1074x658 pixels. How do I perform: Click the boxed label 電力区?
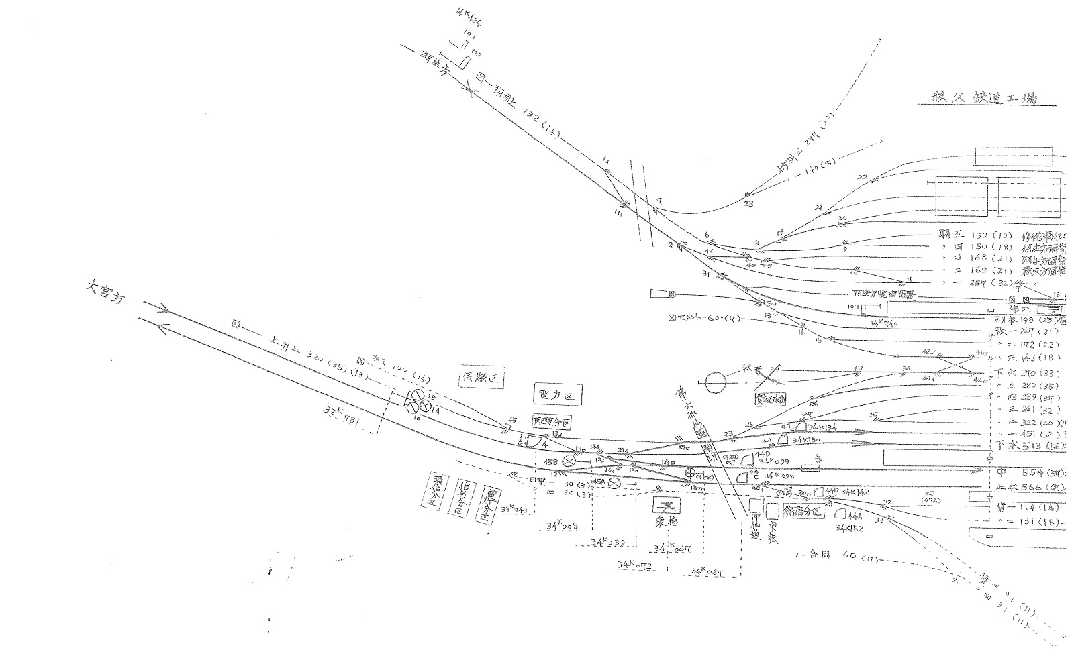click(557, 395)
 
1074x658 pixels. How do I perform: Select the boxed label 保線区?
click(482, 378)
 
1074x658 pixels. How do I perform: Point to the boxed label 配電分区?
click(551, 423)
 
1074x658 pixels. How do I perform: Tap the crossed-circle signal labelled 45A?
click(613, 482)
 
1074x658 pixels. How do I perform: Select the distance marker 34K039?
click(608, 543)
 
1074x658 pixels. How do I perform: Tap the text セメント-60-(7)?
click(705, 318)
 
